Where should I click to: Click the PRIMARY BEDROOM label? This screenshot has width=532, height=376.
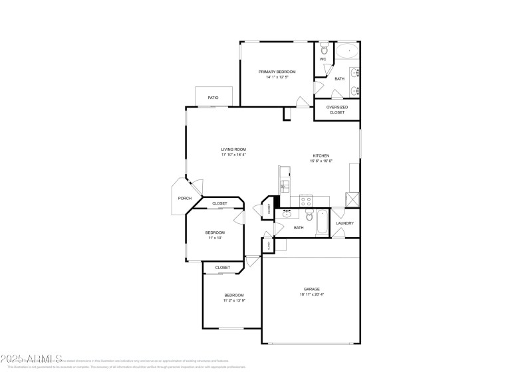coord(277,72)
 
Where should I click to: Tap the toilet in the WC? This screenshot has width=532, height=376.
coord(324,48)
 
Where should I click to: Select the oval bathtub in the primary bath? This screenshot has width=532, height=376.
coord(346,50)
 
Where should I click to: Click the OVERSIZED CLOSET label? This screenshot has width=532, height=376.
coord(337,110)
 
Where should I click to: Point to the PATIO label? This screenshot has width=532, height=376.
coord(213,98)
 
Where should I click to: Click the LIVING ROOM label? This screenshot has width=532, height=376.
coord(234,149)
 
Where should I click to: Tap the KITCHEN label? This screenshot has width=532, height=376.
coord(321,155)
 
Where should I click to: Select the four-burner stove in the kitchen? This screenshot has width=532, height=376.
coord(307,199)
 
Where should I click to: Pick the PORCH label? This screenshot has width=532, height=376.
coord(184,198)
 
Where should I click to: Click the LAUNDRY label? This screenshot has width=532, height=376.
coord(344,223)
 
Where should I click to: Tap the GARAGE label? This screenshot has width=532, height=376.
coord(312,289)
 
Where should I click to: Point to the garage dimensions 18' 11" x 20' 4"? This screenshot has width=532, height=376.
coord(312,294)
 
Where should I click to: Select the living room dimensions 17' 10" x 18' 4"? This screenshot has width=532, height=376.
coord(234,155)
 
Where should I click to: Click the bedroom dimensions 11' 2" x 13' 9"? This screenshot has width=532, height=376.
coord(234,300)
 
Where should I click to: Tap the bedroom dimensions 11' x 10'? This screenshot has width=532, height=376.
coord(215,238)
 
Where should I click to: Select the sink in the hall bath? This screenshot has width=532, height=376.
coord(288,214)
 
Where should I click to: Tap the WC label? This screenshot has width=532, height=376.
coord(323,59)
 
